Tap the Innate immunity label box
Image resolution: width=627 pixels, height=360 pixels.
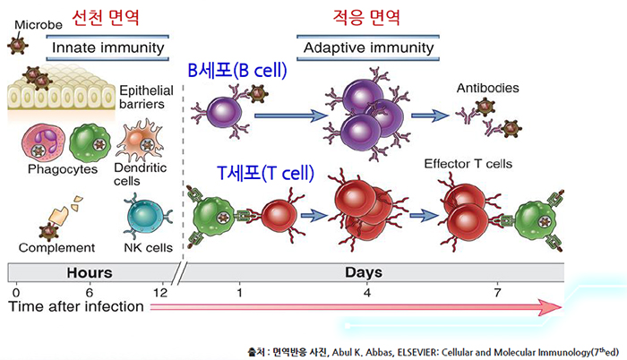(x=107, y=47)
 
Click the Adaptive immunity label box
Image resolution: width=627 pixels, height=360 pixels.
(x=368, y=47)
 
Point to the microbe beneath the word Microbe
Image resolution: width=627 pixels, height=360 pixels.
(x=16, y=43)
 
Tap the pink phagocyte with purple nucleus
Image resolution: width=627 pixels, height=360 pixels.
(x=41, y=141)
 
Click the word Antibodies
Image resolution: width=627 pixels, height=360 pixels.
(x=487, y=89)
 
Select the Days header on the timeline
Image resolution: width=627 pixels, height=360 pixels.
(x=364, y=271)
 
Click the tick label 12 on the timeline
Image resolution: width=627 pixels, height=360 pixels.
(x=162, y=292)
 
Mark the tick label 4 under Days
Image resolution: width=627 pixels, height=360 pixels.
(x=366, y=292)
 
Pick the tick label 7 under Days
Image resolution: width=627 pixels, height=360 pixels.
(x=498, y=292)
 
